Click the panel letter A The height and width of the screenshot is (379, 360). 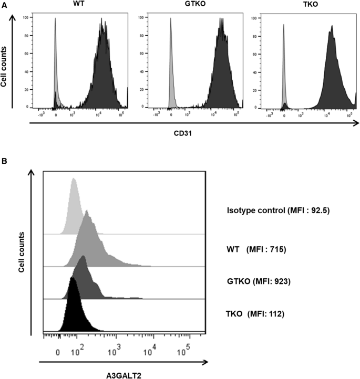pos(5,5)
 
